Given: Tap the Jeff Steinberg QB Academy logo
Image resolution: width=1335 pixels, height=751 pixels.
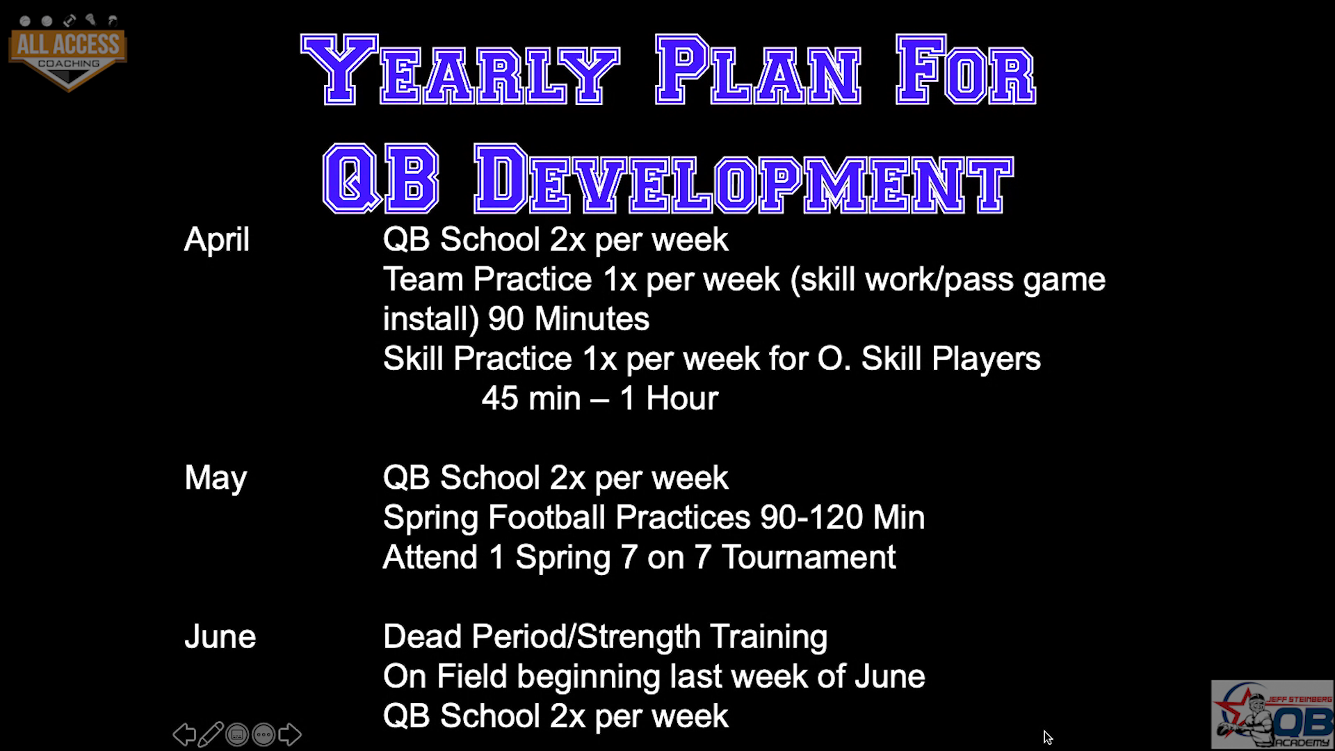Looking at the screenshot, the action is click(x=1272, y=714).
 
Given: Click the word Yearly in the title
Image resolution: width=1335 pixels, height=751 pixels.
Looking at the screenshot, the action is click(x=460, y=70).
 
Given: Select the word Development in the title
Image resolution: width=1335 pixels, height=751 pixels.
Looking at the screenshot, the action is click(x=743, y=179).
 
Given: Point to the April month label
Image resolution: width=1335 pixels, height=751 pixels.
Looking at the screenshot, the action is click(x=216, y=240).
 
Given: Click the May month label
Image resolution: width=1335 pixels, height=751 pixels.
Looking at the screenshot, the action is click(x=216, y=478).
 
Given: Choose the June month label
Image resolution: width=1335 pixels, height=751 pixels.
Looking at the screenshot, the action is click(x=220, y=637).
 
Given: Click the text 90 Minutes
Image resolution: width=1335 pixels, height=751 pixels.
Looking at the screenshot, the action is click(x=568, y=319).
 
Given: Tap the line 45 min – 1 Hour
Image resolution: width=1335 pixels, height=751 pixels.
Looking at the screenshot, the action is click(x=599, y=398).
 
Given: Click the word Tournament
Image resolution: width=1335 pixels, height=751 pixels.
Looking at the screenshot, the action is click(x=809, y=558).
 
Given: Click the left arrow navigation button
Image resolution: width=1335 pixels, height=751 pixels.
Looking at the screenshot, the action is click(x=184, y=734).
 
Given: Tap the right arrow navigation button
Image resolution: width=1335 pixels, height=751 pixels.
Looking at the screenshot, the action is click(x=290, y=734).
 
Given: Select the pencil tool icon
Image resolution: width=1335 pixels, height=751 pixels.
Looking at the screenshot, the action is click(x=211, y=734).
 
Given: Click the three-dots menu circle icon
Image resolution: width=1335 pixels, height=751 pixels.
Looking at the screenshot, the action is click(x=264, y=734).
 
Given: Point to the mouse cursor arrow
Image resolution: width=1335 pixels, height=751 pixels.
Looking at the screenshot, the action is click(x=1048, y=738).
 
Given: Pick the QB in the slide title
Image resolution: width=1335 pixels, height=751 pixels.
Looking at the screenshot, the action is click(x=380, y=179).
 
